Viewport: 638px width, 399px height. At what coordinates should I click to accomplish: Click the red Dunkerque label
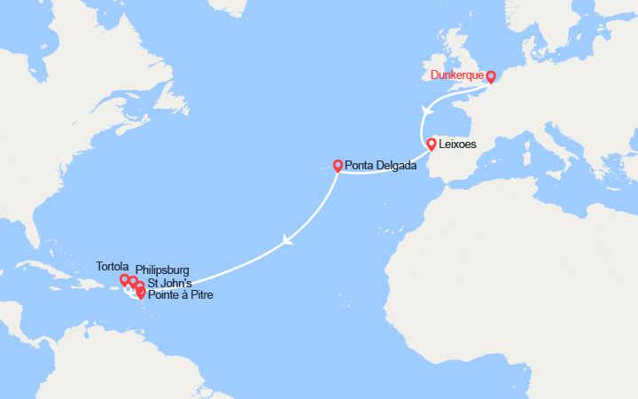(x=457, y=75)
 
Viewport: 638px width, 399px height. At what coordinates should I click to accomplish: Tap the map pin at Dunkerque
(x=491, y=77)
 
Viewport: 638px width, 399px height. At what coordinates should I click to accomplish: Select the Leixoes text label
(x=457, y=144)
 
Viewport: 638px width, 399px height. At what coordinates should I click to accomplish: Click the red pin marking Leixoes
(x=432, y=144)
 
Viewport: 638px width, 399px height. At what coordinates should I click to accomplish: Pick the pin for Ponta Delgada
(x=338, y=165)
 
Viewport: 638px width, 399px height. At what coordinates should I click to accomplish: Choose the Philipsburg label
(x=162, y=270)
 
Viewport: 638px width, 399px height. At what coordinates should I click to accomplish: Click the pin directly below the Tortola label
(x=125, y=280)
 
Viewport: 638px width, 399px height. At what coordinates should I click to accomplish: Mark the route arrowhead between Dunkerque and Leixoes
(x=427, y=110)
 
